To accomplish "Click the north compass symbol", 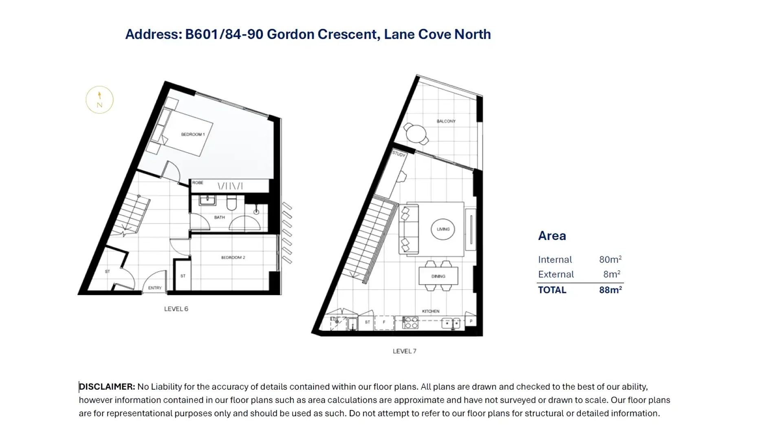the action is point(99,100).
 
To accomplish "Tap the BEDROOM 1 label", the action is point(193,134).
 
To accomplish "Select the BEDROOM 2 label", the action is point(233,258).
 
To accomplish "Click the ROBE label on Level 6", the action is point(198,182).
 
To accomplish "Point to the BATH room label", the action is point(219,217).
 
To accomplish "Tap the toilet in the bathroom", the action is point(231,203).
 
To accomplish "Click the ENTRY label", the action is point(155,288).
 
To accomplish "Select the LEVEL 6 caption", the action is point(176,309).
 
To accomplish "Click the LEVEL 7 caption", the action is point(405,351).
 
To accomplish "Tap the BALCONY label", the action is point(446,121).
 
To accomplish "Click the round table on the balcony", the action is point(416,134).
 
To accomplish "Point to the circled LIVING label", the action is point(443,229).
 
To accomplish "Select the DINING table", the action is point(438,276).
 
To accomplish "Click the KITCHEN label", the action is point(431,311).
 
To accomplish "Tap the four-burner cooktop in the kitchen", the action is point(410,322).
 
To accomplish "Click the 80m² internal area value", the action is point(610,260).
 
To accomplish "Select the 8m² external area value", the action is point(612,274).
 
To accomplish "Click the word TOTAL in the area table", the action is point(552,290).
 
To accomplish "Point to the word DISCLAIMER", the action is point(107,387).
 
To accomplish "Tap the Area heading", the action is point(552,236).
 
